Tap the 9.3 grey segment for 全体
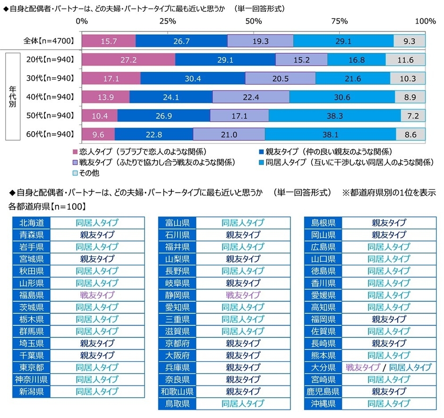click(x=410, y=41)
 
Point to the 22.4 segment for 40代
click(x=251, y=97)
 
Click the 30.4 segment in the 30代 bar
click(x=193, y=78)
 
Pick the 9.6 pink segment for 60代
click(x=98, y=134)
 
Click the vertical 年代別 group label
click(x=12, y=97)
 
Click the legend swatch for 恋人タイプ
click(x=75, y=152)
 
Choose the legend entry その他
click(x=90, y=173)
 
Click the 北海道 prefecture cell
click(x=32, y=222)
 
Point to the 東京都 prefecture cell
click(x=32, y=367)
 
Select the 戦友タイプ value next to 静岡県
click(x=243, y=295)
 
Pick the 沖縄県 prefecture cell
click(x=324, y=403)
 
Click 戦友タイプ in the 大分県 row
click(x=363, y=367)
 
